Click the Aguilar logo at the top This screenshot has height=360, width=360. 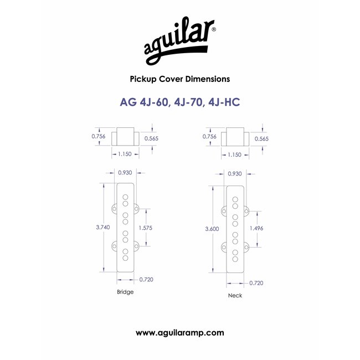coord(180,42)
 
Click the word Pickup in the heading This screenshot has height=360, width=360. coord(143,79)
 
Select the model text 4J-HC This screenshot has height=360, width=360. coord(224,102)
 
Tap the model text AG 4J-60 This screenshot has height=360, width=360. coord(144,102)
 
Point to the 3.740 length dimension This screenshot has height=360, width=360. coord(103,227)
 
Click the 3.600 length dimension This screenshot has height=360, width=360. coord(212,229)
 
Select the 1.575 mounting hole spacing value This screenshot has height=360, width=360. coord(145,228)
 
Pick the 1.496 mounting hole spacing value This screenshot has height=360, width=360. coord(256,228)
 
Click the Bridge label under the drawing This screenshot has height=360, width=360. coord(125,292)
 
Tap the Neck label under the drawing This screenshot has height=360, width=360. coord(235,296)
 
